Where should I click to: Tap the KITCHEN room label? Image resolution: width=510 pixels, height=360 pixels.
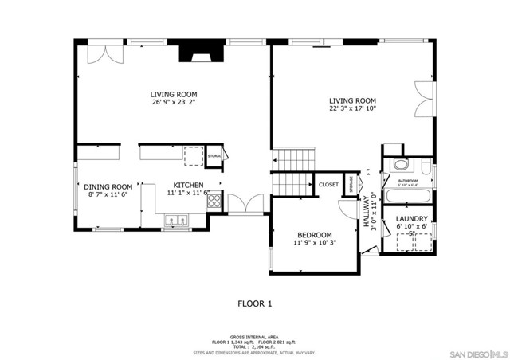(x=188, y=183)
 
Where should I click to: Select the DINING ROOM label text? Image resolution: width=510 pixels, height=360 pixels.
(x=108, y=186)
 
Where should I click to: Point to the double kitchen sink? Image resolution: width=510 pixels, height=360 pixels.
(x=175, y=220)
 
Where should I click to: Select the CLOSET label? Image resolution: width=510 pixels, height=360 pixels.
(x=328, y=185)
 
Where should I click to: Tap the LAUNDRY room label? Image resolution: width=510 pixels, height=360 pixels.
(x=412, y=218)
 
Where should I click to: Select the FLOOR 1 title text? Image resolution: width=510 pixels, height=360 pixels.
(x=255, y=303)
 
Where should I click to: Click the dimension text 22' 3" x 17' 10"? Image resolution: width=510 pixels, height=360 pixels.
(x=352, y=108)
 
